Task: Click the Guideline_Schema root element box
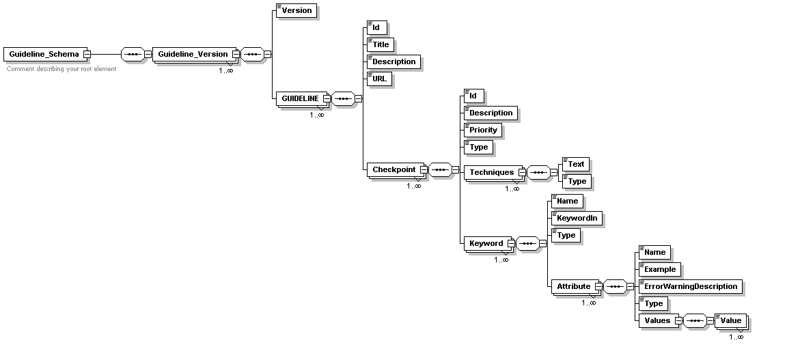44,54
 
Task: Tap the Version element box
296,10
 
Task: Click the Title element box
380,44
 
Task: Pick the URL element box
379,79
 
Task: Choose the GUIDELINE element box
299,98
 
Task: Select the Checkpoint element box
393,169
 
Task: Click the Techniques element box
491,172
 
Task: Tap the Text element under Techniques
575,164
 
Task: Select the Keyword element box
486,243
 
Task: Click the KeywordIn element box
577,218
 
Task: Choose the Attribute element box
573,286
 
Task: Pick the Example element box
659,269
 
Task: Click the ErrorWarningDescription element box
690,286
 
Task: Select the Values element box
656,320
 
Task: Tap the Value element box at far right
730,320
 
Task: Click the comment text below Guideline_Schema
61,69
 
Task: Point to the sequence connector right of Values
695,320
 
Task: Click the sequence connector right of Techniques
539,172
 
